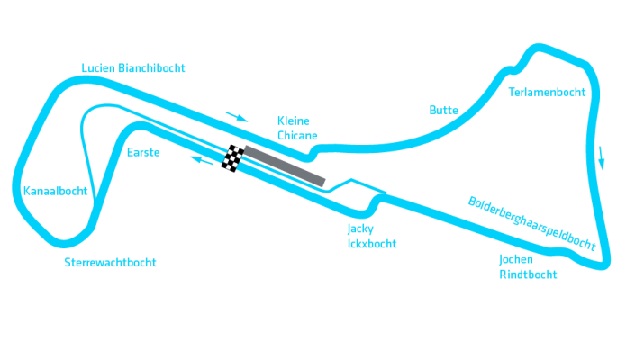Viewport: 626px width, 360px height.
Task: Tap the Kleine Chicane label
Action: [x=296, y=128]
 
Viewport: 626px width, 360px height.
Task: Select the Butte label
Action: [x=444, y=110]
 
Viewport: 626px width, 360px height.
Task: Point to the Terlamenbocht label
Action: [x=547, y=92]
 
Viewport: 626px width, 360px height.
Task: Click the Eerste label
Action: [x=143, y=152]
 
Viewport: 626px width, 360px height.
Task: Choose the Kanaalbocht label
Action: [x=55, y=191]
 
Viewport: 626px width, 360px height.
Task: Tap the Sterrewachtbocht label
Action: [x=110, y=263]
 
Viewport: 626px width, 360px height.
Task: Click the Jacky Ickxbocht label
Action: [x=371, y=236]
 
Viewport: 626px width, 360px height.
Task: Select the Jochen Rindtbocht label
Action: [x=527, y=267]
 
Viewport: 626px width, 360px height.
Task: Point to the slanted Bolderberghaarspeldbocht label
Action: [x=531, y=221]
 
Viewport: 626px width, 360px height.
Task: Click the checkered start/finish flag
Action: [x=233, y=157]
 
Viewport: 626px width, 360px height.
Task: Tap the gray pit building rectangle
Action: [x=283, y=166]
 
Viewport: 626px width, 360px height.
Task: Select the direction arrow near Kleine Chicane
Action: [x=236, y=115]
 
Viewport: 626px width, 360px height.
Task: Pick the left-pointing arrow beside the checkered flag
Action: [x=200, y=160]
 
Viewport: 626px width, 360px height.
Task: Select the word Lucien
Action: [x=98, y=67]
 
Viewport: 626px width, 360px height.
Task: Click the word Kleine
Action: [x=293, y=121]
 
